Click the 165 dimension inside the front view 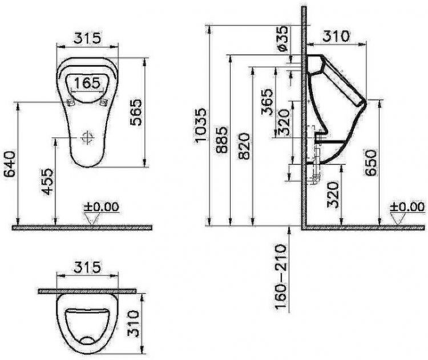(x=87, y=83)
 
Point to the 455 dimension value (x=49, y=181)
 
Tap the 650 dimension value (x=372, y=163)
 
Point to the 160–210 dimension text (x=281, y=277)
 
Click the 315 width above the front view (x=88, y=38)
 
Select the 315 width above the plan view (x=88, y=266)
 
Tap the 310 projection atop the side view (x=335, y=36)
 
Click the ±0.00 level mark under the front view (x=99, y=207)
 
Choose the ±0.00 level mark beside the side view (x=407, y=206)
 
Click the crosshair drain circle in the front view (x=87, y=137)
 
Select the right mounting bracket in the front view (x=104, y=102)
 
